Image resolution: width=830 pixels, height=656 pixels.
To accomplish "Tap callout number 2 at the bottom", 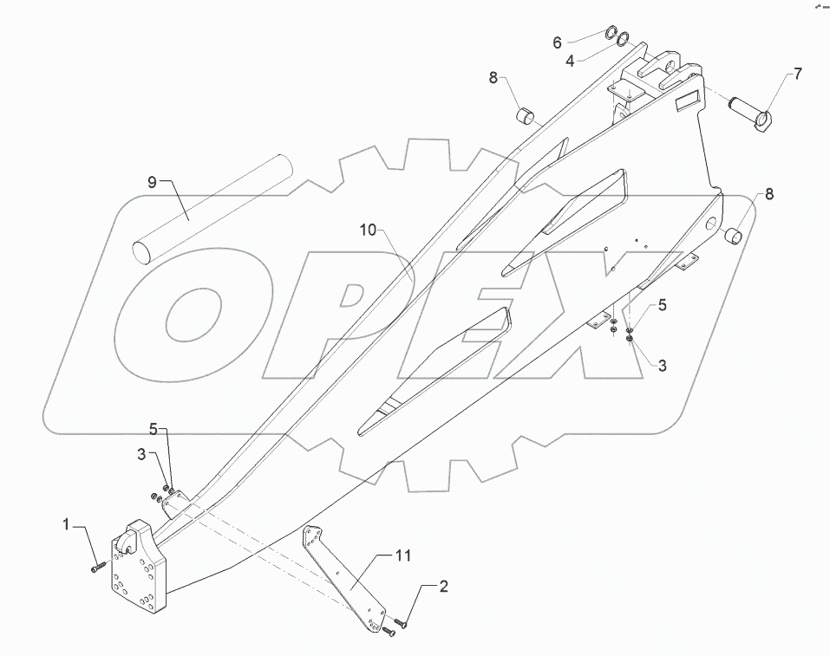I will [443, 588].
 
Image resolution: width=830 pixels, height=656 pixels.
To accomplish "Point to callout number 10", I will [367, 230].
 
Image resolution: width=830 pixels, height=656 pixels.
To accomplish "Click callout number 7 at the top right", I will [797, 75].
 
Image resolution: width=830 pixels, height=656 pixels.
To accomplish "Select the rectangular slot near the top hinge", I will [689, 101].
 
